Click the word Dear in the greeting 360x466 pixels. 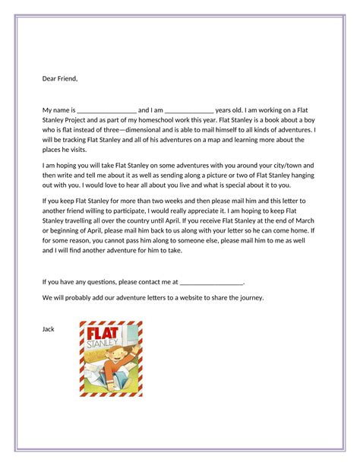tap(49, 78)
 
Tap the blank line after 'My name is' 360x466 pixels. tap(106, 111)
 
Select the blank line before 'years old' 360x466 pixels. tap(189, 111)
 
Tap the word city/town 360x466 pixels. tap(287, 165)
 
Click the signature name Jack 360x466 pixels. tap(49, 328)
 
